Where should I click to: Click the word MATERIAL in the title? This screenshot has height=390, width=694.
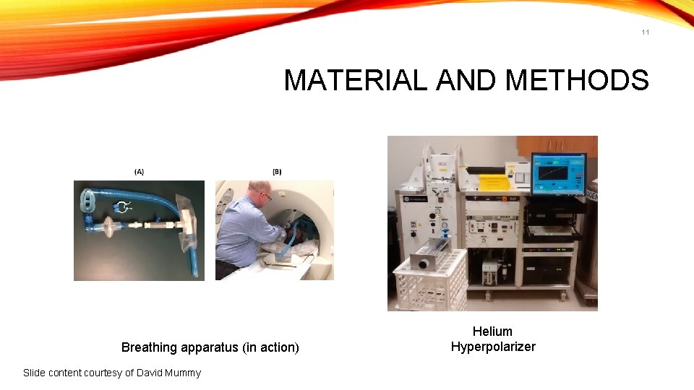click(355, 80)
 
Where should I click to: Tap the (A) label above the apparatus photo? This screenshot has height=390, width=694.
click(139, 171)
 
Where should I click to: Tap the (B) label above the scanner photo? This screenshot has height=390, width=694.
click(277, 171)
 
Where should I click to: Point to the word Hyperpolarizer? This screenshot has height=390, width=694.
click(493, 347)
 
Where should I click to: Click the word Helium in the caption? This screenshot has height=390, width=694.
click(492, 331)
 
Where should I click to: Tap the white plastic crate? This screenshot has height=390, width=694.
click(429, 285)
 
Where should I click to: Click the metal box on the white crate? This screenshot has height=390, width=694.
click(431, 256)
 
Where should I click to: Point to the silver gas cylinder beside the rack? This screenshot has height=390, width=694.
click(590, 238)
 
